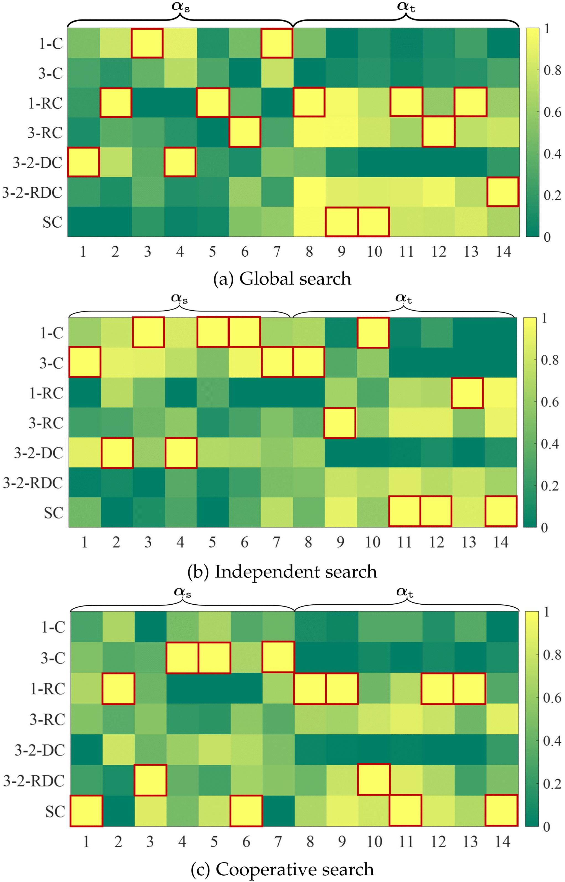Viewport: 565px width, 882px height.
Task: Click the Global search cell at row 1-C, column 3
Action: pyautogui.click(x=147, y=43)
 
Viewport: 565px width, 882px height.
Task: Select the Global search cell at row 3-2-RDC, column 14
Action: pyautogui.click(x=503, y=192)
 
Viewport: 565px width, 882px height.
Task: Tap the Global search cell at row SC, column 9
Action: pyautogui.click(x=341, y=221)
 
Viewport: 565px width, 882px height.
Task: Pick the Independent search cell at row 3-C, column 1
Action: pyautogui.click(x=85, y=362)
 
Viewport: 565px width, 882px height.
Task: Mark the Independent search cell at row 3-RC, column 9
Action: pyautogui.click(x=340, y=423)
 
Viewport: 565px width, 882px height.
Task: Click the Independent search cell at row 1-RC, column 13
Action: pyautogui.click(x=467, y=393)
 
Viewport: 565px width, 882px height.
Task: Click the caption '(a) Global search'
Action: pyautogui.click(x=282, y=279)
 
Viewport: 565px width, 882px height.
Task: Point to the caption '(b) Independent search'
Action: pyautogui.click(x=282, y=572)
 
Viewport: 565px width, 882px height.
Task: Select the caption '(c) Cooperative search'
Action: pyautogui.click(x=282, y=869)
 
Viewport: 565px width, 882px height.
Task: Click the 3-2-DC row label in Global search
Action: pyautogui.click(x=37, y=162)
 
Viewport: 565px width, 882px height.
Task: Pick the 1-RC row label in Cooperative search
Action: pyautogui.click(x=47, y=689)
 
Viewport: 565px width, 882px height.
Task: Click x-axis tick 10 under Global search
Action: pyautogui.click(x=374, y=252)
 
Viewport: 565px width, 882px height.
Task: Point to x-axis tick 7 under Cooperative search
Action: pyautogui.click(x=278, y=842)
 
